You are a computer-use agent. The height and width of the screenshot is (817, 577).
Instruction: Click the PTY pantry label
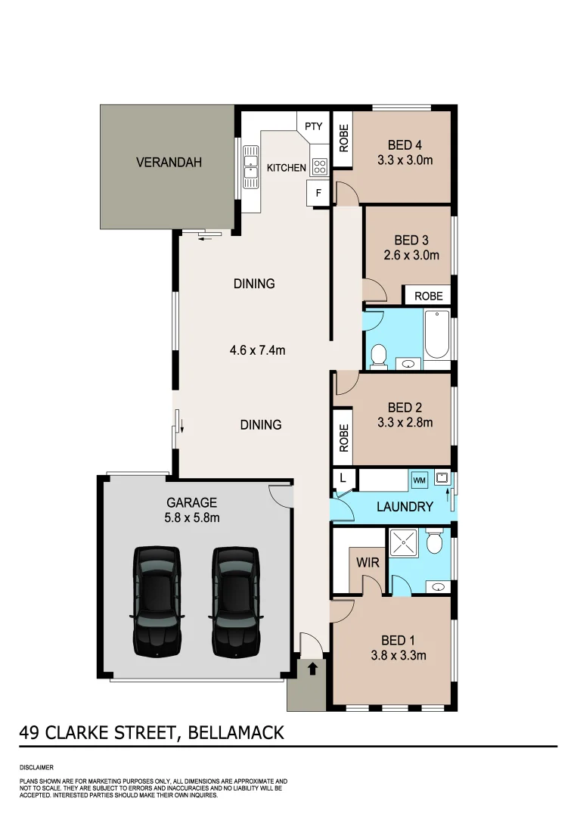click(x=313, y=126)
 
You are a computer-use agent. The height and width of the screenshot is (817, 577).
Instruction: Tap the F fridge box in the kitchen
click(x=318, y=193)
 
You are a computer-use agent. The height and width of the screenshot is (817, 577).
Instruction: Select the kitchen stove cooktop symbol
click(x=319, y=166)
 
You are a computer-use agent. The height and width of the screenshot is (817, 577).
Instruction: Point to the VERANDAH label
click(x=169, y=162)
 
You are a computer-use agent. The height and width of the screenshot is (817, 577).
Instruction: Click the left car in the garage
click(x=157, y=601)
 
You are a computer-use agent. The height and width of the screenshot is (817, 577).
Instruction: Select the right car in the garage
click(x=235, y=601)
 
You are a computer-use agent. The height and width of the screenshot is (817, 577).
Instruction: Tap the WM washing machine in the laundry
click(x=419, y=480)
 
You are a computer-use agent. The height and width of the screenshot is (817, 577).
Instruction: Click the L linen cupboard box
click(x=343, y=478)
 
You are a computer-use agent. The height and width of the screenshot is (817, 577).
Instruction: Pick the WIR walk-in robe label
click(x=368, y=563)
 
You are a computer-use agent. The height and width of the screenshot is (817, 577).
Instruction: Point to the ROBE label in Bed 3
click(x=429, y=296)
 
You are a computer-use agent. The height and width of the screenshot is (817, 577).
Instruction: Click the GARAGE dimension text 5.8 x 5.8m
click(x=192, y=518)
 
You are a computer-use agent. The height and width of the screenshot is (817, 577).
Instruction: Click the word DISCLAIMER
click(x=37, y=766)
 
